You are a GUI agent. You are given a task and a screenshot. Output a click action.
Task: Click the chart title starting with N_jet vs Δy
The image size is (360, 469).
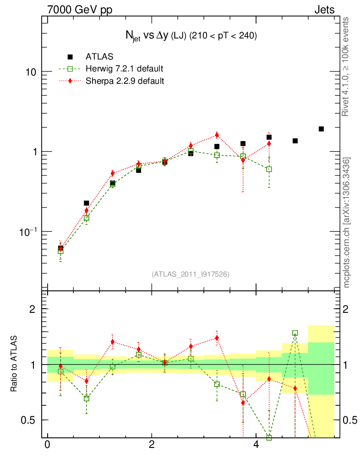(191, 36)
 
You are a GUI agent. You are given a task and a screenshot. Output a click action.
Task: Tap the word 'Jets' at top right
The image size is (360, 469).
(324, 10)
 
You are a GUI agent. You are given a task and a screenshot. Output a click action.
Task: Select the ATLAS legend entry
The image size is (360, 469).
(99, 57)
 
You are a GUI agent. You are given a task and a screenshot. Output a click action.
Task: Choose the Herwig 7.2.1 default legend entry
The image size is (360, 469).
(124, 69)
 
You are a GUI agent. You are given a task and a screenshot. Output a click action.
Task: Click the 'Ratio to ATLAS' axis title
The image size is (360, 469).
(15, 365)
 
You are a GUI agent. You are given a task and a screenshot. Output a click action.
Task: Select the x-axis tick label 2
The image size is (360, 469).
(152, 445)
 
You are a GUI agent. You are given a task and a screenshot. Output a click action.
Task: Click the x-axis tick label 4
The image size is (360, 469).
(256, 445)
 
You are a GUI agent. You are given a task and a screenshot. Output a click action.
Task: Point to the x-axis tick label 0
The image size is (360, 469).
(47, 445)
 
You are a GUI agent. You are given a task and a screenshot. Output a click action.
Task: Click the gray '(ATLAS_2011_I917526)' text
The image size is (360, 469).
(191, 274)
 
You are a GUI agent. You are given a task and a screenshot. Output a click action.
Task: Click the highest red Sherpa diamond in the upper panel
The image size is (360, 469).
(217, 135)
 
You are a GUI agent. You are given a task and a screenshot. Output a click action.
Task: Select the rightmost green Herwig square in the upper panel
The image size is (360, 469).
(269, 169)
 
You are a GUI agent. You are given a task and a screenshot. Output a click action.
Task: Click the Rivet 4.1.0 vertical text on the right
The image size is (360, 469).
(346, 67)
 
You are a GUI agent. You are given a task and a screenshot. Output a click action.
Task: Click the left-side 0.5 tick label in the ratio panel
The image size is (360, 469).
(32, 420)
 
